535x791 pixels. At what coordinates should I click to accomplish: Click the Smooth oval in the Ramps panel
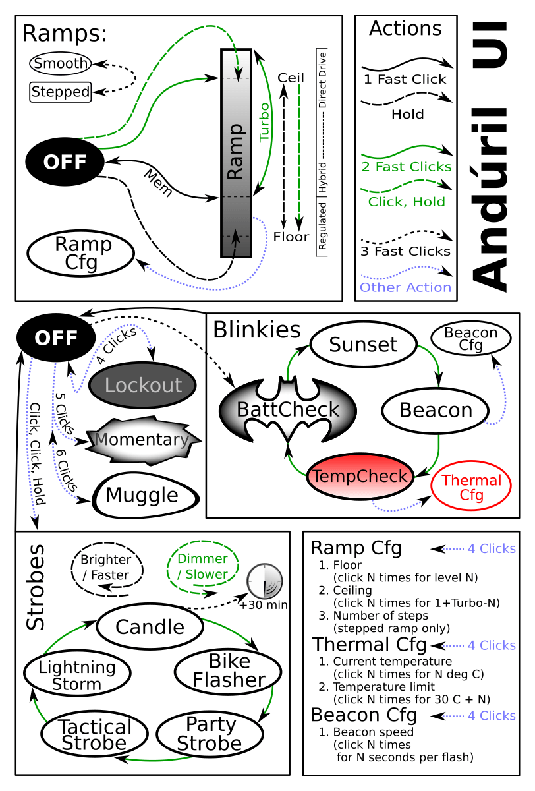coord(61,63)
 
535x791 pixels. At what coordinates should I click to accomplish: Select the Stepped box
coord(61,92)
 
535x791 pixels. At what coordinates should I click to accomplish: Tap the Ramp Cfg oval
coord(81,253)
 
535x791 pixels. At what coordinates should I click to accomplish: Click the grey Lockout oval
coord(142,386)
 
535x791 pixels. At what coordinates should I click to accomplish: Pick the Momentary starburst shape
coord(142,440)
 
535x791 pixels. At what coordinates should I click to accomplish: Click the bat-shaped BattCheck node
coord(287,410)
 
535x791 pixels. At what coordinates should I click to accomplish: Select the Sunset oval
coord(363,345)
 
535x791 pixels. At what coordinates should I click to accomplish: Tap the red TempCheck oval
coord(360,476)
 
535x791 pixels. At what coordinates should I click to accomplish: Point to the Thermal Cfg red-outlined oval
coord(471,486)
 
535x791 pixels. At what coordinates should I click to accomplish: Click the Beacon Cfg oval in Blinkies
coord(470,338)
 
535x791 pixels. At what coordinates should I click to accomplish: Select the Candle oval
coord(150,627)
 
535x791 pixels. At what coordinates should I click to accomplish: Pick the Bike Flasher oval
coord(228,672)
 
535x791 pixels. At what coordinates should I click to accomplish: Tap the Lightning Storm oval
coord(77,675)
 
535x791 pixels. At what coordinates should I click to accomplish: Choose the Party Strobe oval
coord(210,734)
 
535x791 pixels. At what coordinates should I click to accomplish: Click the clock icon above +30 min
coord(264,581)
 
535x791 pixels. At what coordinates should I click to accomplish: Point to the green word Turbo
coord(265,122)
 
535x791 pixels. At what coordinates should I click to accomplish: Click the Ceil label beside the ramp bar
coord(291,78)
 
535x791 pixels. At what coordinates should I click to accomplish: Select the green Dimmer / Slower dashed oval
coord(202,566)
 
